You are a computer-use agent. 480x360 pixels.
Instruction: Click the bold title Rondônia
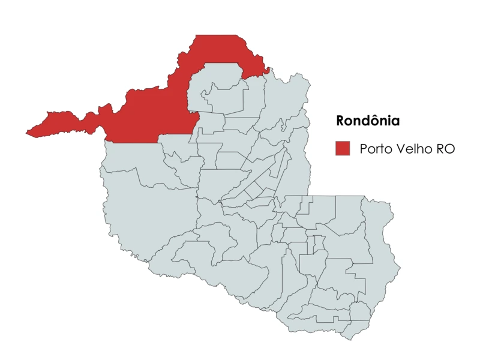tap(368, 121)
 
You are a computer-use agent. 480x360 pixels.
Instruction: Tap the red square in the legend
tap(343, 149)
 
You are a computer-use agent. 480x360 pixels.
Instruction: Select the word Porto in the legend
tap(374, 149)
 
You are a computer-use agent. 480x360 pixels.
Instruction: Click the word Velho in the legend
tap(412, 149)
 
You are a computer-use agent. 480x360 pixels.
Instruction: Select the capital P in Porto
tap(364, 149)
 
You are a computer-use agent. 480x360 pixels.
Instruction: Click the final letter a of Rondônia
tap(395, 121)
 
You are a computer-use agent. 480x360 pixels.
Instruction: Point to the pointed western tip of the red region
tap(26, 133)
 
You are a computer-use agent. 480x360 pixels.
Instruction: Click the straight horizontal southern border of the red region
tap(132, 142)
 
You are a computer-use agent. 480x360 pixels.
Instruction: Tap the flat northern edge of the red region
tap(216, 35)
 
